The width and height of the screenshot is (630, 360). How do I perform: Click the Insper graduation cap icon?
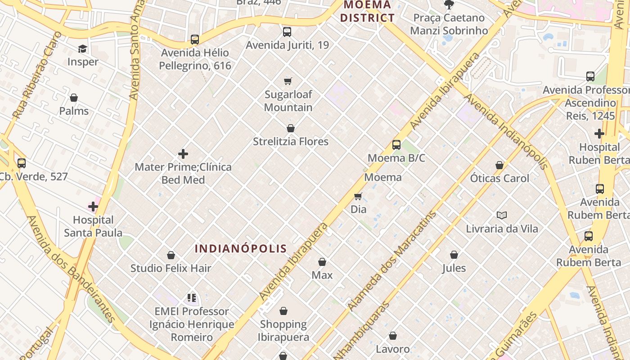click(82, 49)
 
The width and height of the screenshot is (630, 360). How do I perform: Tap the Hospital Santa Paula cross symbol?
click(93, 207)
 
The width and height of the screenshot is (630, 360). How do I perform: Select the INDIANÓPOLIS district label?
click(241, 248)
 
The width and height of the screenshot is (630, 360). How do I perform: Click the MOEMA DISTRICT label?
click(367, 12)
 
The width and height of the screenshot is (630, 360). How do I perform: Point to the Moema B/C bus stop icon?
click(396, 145)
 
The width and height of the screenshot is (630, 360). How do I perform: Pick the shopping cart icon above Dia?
click(358, 196)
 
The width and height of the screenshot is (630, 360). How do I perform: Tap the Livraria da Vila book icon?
click(502, 215)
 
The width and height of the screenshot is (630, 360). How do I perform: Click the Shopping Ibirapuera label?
click(283, 331)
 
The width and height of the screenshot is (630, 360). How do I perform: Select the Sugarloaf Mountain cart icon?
click(288, 81)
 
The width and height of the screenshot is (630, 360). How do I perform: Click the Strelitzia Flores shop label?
click(291, 142)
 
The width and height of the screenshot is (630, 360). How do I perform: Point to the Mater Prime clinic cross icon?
click(183, 154)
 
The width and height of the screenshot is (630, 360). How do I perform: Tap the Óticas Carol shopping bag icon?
click(499, 165)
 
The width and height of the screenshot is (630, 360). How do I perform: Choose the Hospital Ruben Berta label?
click(599, 153)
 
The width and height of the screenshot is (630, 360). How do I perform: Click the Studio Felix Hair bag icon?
click(171, 255)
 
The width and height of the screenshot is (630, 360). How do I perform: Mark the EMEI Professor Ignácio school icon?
click(192, 297)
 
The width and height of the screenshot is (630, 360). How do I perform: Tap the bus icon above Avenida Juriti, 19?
click(287, 32)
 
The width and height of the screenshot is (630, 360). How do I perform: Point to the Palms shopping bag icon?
click(74, 98)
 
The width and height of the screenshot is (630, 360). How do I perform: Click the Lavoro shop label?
click(393, 349)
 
